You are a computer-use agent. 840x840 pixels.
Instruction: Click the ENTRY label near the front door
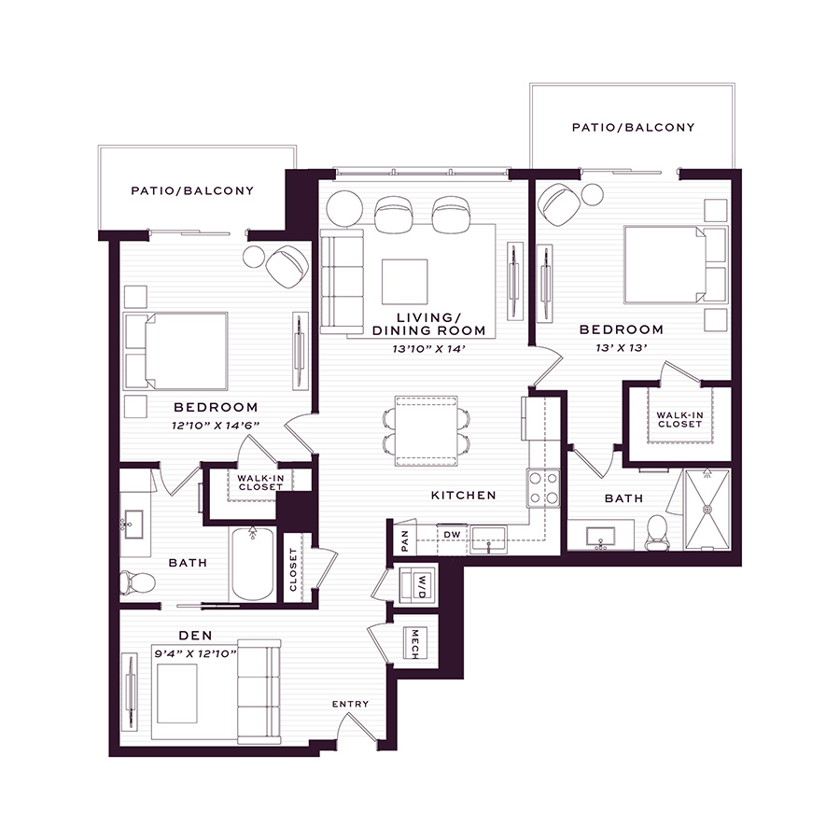coord(350,704)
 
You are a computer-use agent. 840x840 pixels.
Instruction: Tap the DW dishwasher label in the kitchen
coord(452,535)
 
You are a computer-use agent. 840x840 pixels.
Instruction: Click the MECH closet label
coord(414,643)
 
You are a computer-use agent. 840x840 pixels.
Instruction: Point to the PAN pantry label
coord(404,541)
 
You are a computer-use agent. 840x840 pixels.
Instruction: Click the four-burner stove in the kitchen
coord(543,487)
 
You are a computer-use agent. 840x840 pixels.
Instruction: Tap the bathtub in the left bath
coord(253,564)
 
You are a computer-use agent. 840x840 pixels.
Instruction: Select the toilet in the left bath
coord(137,582)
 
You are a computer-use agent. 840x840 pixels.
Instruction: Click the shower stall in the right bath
coord(707,509)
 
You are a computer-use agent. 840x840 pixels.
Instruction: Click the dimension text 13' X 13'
coord(622,348)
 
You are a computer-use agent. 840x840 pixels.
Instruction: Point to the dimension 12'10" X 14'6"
coord(216,426)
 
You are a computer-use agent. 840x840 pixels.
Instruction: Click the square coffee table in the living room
coord(404,282)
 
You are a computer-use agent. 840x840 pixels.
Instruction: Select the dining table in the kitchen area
coord(427,431)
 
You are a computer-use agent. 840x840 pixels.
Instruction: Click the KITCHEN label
coord(463,496)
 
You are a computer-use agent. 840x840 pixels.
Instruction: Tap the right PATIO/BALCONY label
coord(633,128)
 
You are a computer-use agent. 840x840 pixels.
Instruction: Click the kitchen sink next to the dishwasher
coord(488,539)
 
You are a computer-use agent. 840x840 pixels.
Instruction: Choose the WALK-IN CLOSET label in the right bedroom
coord(679,419)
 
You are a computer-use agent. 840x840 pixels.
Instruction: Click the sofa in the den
coord(259,692)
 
